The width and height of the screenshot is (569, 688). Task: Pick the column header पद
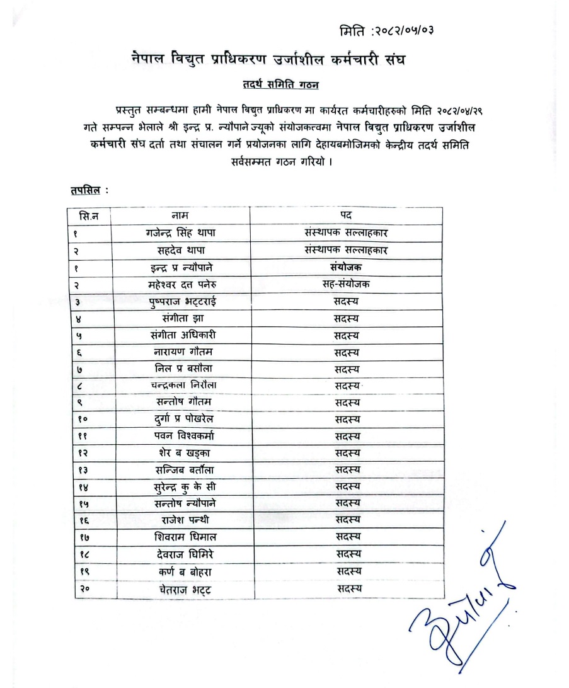click(346, 215)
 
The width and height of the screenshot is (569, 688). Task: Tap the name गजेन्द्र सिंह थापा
click(180, 232)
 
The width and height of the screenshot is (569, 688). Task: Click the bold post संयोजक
click(346, 267)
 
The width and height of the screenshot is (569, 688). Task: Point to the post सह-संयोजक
click(346, 284)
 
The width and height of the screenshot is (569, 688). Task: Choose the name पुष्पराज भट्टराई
click(180, 301)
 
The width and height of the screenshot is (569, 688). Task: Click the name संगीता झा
click(180, 318)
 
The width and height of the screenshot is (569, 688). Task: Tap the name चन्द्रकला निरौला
click(180, 384)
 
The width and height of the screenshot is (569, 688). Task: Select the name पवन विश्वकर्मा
click(180, 435)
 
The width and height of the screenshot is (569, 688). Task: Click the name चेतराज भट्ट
click(180, 588)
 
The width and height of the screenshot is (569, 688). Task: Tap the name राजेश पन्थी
click(180, 520)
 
